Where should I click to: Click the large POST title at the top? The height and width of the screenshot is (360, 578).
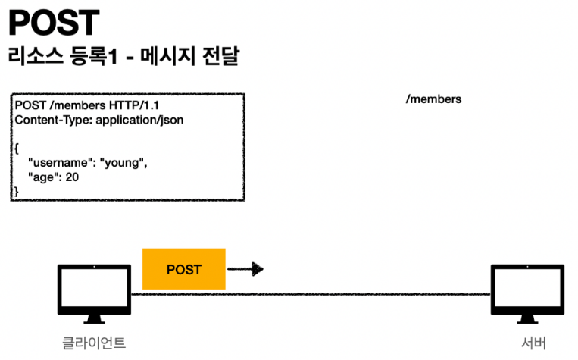pyautogui.click(x=53, y=23)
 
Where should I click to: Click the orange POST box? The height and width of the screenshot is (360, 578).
pyautogui.click(x=184, y=269)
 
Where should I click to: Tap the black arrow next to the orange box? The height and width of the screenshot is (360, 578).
pyautogui.click(x=246, y=269)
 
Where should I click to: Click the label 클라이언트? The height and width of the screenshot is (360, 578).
pyautogui.click(x=94, y=342)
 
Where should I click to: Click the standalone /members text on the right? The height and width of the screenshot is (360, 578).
pyautogui.click(x=434, y=99)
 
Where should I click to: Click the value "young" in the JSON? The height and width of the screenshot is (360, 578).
pyautogui.click(x=123, y=162)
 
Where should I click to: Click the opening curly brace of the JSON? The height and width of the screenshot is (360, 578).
pyautogui.click(x=17, y=148)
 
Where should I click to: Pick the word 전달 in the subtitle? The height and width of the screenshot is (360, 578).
pyautogui.click(x=217, y=58)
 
